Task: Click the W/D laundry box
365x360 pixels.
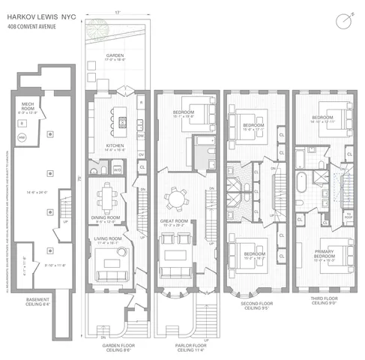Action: tap(118, 169)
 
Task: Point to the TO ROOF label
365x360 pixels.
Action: tap(347, 216)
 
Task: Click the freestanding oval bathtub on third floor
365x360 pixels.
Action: tap(300, 184)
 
